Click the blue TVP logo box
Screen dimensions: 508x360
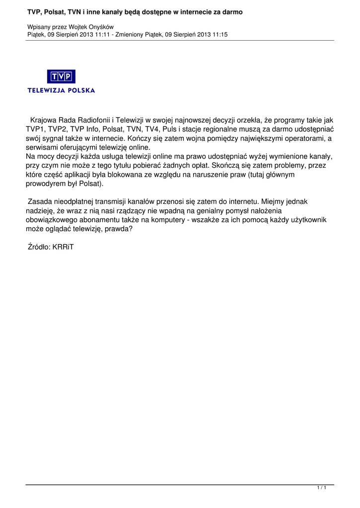tap(61, 76)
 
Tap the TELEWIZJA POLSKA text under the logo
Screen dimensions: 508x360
tap(61, 90)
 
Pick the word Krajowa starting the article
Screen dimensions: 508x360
tap(44, 120)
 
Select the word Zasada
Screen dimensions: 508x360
tap(40, 202)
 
